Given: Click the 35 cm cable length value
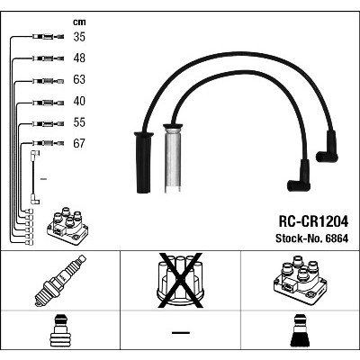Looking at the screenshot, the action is [x=79, y=37].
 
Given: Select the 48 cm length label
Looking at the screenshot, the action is [x=79, y=58].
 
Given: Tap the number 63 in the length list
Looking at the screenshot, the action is [x=79, y=79].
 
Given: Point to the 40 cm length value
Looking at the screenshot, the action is [x=79, y=101].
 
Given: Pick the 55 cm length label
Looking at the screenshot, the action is [x=79, y=122].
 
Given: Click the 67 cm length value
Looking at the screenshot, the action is [x=79, y=143].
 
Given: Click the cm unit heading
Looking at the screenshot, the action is [x=79, y=22].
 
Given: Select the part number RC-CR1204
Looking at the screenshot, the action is [x=313, y=221].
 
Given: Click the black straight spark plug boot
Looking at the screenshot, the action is [x=144, y=162].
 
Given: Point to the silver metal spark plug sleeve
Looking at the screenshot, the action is [x=173, y=158].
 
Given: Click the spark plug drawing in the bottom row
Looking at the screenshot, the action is [x=60, y=281].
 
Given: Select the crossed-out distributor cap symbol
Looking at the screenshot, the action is [x=180, y=280].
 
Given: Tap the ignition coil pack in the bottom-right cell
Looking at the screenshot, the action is [x=300, y=280].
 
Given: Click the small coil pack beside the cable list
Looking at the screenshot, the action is [x=67, y=226].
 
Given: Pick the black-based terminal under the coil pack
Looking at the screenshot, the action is [x=300, y=331].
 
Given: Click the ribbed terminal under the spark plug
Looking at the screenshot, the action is [x=60, y=331].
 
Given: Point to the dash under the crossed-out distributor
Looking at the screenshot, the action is [x=181, y=332].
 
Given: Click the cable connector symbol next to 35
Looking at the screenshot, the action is [x=48, y=37].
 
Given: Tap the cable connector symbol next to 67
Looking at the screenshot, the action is [x=48, y=143].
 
